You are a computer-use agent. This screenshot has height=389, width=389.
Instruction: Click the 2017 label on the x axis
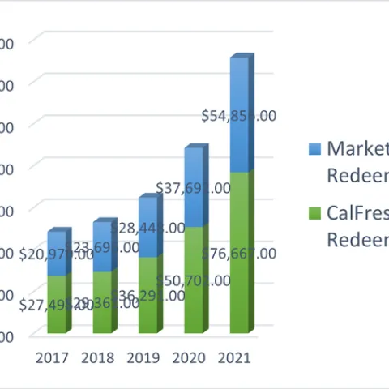click(52, 357)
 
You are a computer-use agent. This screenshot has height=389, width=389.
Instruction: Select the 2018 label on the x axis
click(97, 357)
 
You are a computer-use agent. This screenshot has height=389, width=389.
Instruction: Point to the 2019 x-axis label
click(143, 357)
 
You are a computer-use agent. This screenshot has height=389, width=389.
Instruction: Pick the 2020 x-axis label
click(189, 357)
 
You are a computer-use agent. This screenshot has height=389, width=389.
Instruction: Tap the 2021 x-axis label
click(234, 357)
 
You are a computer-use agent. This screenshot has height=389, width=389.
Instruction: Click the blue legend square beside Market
click(315, 149)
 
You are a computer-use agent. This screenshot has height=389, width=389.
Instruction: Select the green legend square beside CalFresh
click(315, 214)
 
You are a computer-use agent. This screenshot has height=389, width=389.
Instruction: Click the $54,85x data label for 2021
click(239, 116)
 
